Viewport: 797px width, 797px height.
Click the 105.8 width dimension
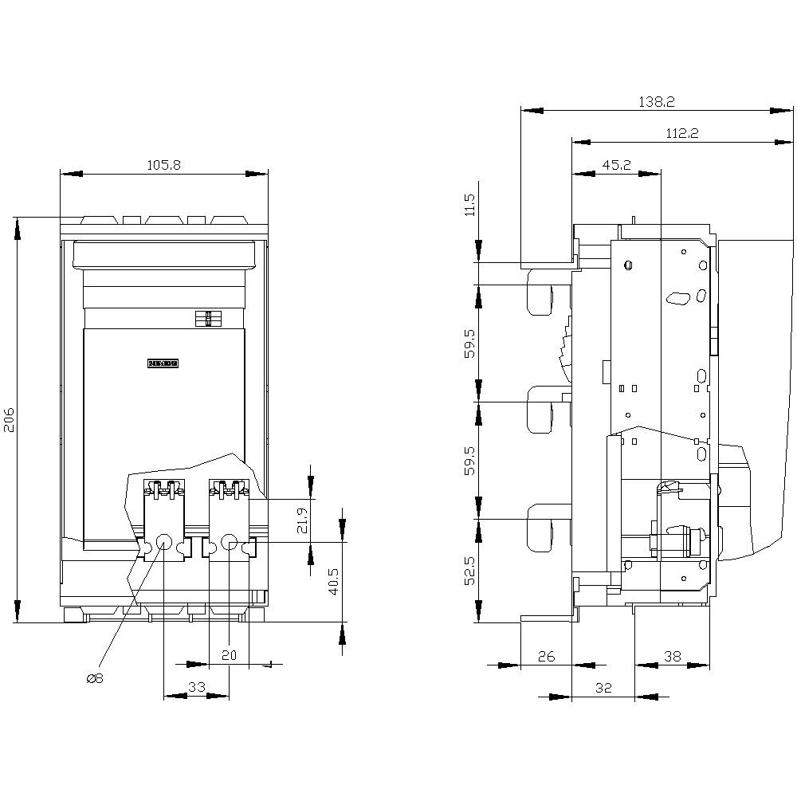click(x=164, y=165)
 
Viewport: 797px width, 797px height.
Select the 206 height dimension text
click(x=8, y=420)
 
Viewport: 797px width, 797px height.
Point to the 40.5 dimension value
click(x=333, y=581)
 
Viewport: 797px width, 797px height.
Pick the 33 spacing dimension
click(x=196, y=686)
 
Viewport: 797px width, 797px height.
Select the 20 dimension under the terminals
click(x=230, y=654)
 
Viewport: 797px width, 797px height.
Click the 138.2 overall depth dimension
click(x=658, y=102)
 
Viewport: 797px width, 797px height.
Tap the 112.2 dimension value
click(x=681, y=134)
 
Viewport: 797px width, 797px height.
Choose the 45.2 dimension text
click(x=616, y=165)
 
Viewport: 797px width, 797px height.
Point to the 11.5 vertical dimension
click(x=469, y=205)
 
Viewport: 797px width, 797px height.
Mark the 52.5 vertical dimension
click(x=469, y=570)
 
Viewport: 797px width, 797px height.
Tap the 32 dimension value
click(x=603, y=688)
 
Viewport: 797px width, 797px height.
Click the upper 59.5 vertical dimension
click(x=469, y=343)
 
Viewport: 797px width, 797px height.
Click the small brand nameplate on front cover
click(x=163, y=363)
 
